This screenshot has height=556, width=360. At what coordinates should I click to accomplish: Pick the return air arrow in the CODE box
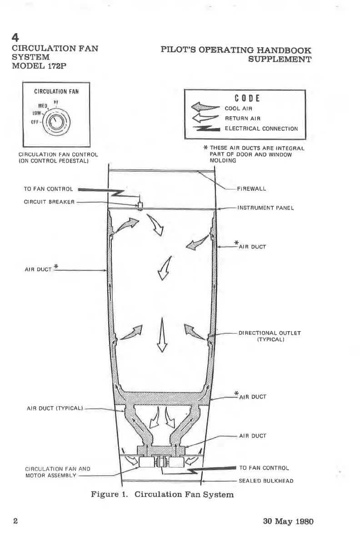click(x=206, y=118)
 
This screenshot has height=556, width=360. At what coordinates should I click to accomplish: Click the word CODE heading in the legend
click(x=246, y=98)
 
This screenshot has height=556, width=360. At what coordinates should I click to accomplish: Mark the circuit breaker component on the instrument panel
click(x=140, y=206)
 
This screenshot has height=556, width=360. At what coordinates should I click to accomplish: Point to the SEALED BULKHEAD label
click(x=266, y=481)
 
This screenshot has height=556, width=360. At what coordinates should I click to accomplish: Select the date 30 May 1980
click(x=288, y=521)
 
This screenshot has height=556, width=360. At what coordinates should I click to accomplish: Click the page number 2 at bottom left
click(x=15, y=521)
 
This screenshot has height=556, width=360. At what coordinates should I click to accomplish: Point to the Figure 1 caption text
click(x=162, y=494)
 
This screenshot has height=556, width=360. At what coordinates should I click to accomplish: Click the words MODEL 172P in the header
click(x=42, y=67)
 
